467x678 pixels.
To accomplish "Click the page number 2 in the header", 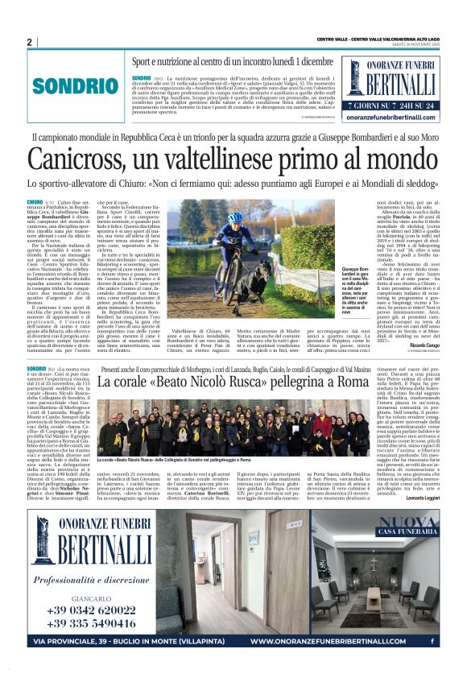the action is pyautogui.click(x=29, y=42).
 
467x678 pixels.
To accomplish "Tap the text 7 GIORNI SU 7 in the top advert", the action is pyautogui.click(x=370, y=104).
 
